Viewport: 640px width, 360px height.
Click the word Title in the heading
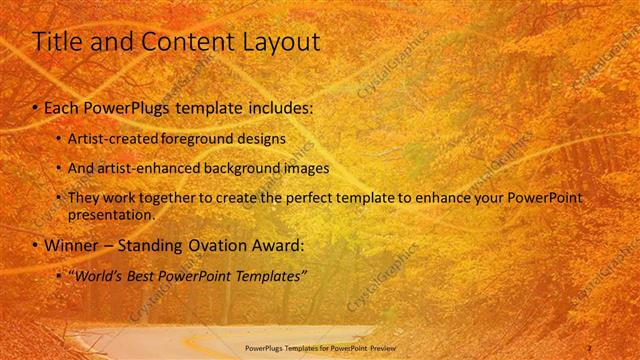click(x=57, y=42)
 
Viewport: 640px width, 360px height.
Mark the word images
click(x=307, y=168)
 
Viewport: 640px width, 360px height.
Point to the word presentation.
click(x=111, y=214)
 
